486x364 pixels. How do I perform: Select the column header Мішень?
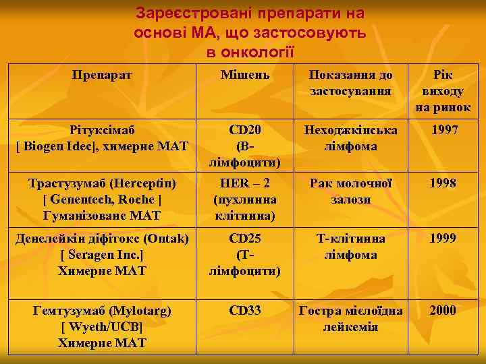[x=245, y=74]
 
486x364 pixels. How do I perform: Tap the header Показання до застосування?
[x=350, y=82]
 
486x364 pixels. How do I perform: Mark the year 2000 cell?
[x=443, y=310]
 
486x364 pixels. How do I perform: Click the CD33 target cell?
[x=245, y=310]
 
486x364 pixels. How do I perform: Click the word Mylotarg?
[x=142, y=311]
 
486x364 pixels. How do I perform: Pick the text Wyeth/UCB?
[x=102, y=327]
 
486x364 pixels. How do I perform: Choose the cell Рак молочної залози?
[x=350, y=191]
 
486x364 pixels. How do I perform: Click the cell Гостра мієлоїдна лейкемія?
[x=350, y=319]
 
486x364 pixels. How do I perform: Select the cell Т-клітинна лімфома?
[x=350, y=247]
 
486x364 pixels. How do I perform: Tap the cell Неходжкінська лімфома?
[x=350, y=138]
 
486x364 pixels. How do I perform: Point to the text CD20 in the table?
[x=245, y=129]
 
